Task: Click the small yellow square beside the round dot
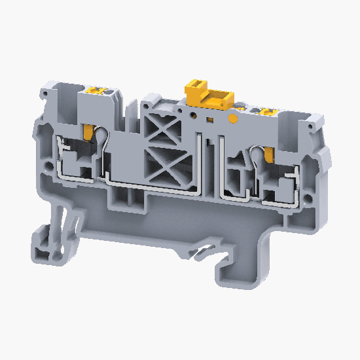[210, 120]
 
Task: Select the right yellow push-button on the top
[267, 113]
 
